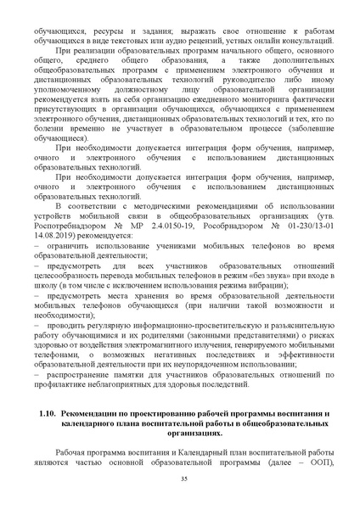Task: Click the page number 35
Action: [x=183, y=480]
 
